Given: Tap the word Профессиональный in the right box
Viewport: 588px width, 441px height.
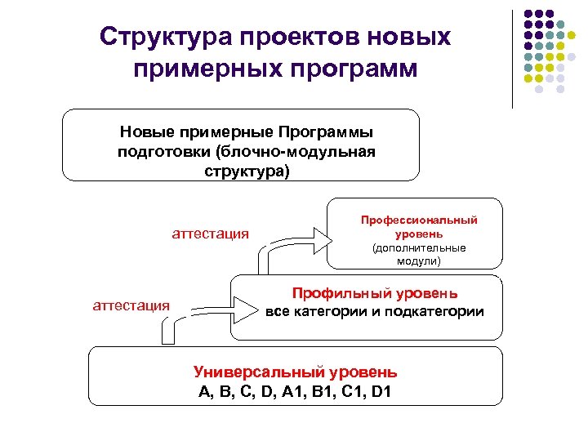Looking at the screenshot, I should tap(420, 220).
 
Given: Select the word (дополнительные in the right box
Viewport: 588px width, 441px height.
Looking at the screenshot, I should tap(419, 247).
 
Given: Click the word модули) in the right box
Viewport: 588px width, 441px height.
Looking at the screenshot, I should tap(419, 261).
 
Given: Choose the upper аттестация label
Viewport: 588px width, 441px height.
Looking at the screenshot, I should tap(210, 234).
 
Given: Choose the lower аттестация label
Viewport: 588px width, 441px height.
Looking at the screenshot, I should tap(131, 305).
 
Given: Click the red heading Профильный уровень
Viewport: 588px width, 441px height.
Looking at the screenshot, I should tap(375, 293).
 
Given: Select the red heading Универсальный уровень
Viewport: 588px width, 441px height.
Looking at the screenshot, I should tap(295, 372).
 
